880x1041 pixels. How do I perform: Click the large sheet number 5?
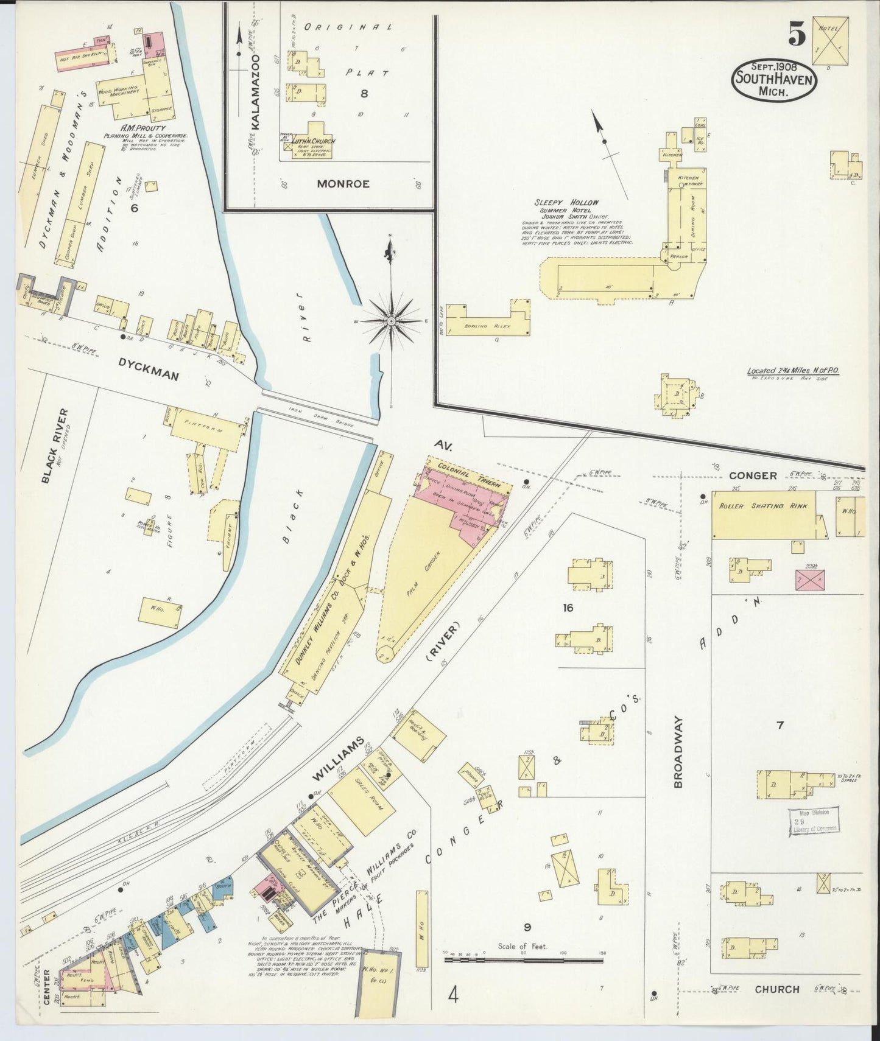tap(795, 33)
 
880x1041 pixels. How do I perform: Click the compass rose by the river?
tap(391, 320)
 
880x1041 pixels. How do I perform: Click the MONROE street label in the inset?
tap(342, 184)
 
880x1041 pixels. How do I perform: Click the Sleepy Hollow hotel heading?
tap(566, 203)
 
